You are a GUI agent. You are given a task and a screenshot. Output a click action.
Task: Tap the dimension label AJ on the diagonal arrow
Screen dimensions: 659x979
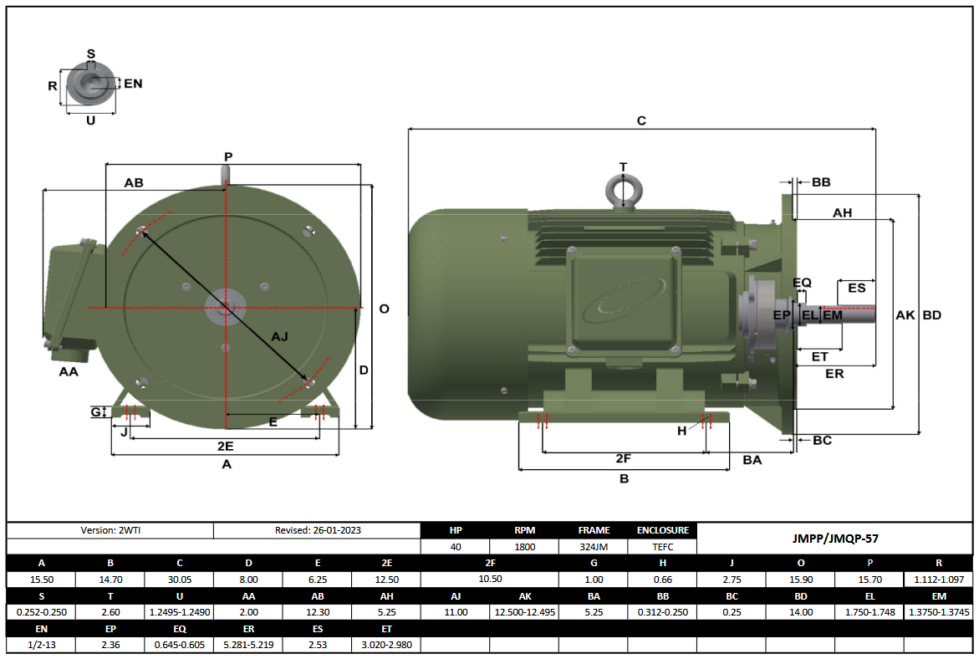pos(280,336)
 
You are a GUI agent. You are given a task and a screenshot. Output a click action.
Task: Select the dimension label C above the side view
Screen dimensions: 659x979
pos(641,120)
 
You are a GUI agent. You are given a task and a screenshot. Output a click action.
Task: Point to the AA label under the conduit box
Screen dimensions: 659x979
pos(69,371)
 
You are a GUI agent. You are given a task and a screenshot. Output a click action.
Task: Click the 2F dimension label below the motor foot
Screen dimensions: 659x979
pos(623,458)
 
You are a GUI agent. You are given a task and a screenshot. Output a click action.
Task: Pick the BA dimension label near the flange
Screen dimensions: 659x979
pos(752,459)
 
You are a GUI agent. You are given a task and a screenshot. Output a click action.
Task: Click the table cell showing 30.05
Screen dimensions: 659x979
pos(179,579)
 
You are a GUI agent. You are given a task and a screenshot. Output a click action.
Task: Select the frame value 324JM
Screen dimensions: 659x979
pos(594,547)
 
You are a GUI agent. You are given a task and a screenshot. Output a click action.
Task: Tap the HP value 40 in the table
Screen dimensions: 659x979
pos(456,547)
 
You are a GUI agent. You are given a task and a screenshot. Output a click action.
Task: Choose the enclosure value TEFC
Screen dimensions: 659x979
pos(662,547)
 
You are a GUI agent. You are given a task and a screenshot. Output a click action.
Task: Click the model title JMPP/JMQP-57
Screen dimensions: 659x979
pos(835,539)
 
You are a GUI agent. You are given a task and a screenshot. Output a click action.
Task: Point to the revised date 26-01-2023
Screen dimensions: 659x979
pos(318,530)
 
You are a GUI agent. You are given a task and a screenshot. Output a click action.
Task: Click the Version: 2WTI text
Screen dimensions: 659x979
pos(110,530)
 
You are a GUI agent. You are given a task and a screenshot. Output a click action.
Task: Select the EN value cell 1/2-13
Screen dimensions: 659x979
pos(41,645)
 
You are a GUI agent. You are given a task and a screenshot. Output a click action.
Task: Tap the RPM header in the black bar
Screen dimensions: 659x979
pos(525,530)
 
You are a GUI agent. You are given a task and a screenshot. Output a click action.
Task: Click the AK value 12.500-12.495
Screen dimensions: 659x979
pos(524,612)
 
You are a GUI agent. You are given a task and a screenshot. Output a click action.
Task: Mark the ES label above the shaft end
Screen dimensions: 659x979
pos(856,288)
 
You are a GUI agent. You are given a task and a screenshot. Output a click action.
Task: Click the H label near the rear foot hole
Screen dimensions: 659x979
pos(681,431)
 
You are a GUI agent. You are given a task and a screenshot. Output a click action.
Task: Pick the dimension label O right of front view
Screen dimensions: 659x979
pos(384,309)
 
